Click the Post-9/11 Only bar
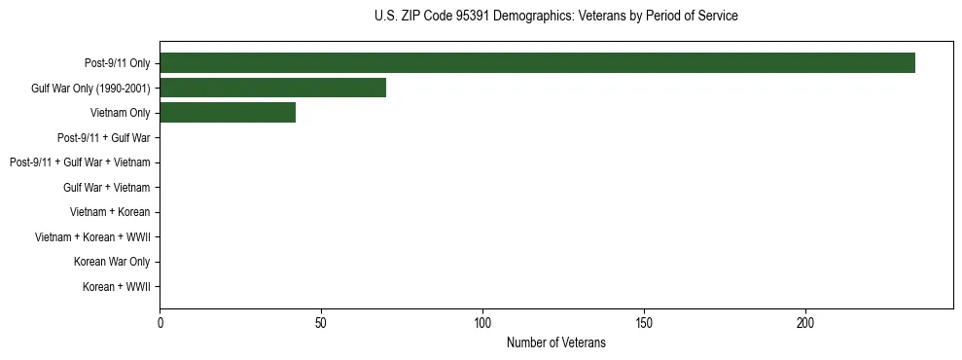(x=537, y=63)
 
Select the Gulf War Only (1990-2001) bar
(x=272, y=88)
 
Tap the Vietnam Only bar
(x=228, y=113)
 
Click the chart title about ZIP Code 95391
(x=555, y=17)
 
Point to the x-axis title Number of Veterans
(x=555, y=342)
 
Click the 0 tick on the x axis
(x=160, y=322)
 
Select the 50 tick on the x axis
(x=321, y=322)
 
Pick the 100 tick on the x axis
(x=482, y=322)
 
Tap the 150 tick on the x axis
(x=644, y=322)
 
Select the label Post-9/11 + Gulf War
(x=103, y=138)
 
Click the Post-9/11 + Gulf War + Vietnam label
(x=80, y=162)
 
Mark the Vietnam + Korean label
(x=110, y=212)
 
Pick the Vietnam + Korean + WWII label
(x=92, y=237)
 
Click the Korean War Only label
(x=112, y=262)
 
